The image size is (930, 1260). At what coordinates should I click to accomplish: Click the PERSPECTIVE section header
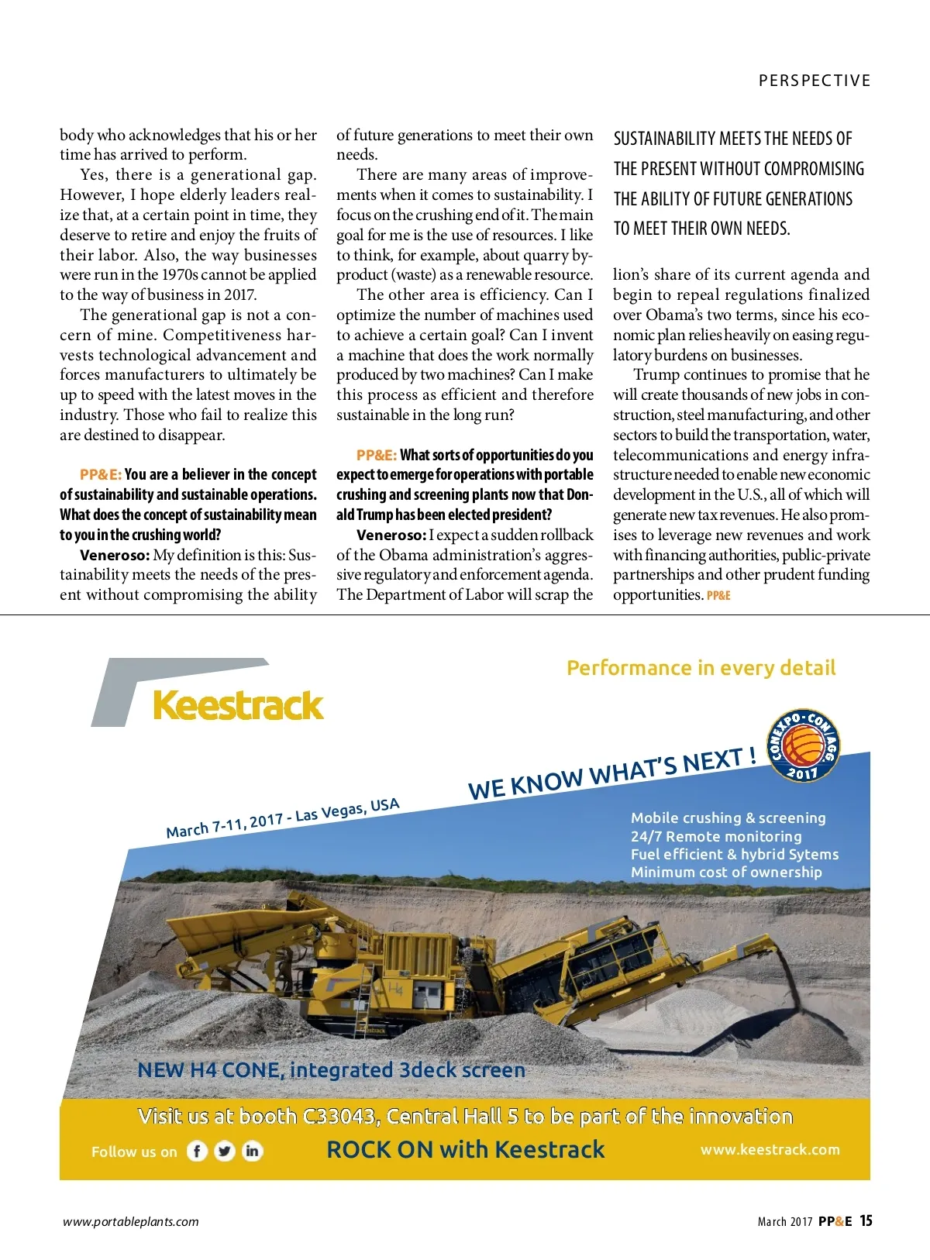coord(815,81)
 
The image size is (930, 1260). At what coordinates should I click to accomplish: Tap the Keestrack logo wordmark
coord(238,706)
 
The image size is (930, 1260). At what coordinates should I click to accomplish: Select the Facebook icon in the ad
coord(197,1152)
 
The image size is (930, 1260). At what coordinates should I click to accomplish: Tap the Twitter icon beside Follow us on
coord(225,1152)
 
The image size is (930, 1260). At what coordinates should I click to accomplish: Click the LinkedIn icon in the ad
coord(252,1152)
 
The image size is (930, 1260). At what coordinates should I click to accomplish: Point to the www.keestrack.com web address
coord(770,1150)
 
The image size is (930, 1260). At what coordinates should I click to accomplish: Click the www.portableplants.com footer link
coord(130,1222)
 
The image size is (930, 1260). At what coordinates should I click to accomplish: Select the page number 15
coord(866,1220)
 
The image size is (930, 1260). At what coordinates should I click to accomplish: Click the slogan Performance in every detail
coord(701,668)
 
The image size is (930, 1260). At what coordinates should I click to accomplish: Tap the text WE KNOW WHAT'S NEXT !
coord(612,773)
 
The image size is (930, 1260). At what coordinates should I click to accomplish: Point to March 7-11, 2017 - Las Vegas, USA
coord(283,818)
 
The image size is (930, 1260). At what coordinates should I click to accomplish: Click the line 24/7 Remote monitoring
coord(716,836)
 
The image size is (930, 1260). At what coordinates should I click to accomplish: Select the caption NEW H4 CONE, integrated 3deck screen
coord(331,1070)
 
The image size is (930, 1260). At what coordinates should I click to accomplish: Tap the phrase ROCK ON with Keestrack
coord(465,1149)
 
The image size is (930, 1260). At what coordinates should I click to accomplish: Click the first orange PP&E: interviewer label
coord(101,474)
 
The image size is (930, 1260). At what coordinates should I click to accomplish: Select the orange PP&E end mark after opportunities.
coord(718,595)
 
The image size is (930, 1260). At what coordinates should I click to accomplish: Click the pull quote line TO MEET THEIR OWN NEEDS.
coord(701,229)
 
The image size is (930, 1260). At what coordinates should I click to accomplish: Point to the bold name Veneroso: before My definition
coord(114,555)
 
